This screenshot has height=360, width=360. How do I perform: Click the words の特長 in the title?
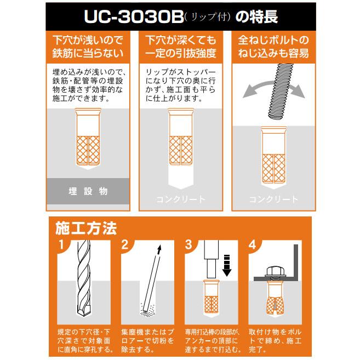coord(256,16)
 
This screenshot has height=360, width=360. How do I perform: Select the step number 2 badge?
coord(124,245)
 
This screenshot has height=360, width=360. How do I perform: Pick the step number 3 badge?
coord(189,245)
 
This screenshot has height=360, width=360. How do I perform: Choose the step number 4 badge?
coord(253,245)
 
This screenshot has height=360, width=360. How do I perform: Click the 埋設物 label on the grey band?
coord(88,192)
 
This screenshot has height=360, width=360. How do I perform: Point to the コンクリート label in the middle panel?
coord(181,199)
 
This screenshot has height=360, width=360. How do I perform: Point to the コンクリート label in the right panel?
coord(273,199)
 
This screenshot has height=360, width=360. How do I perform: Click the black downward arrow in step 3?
coord(227,264)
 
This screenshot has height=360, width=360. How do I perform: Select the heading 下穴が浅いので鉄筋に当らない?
coord(88,47)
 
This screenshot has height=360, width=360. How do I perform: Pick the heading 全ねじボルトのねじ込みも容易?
coord(273,47)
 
